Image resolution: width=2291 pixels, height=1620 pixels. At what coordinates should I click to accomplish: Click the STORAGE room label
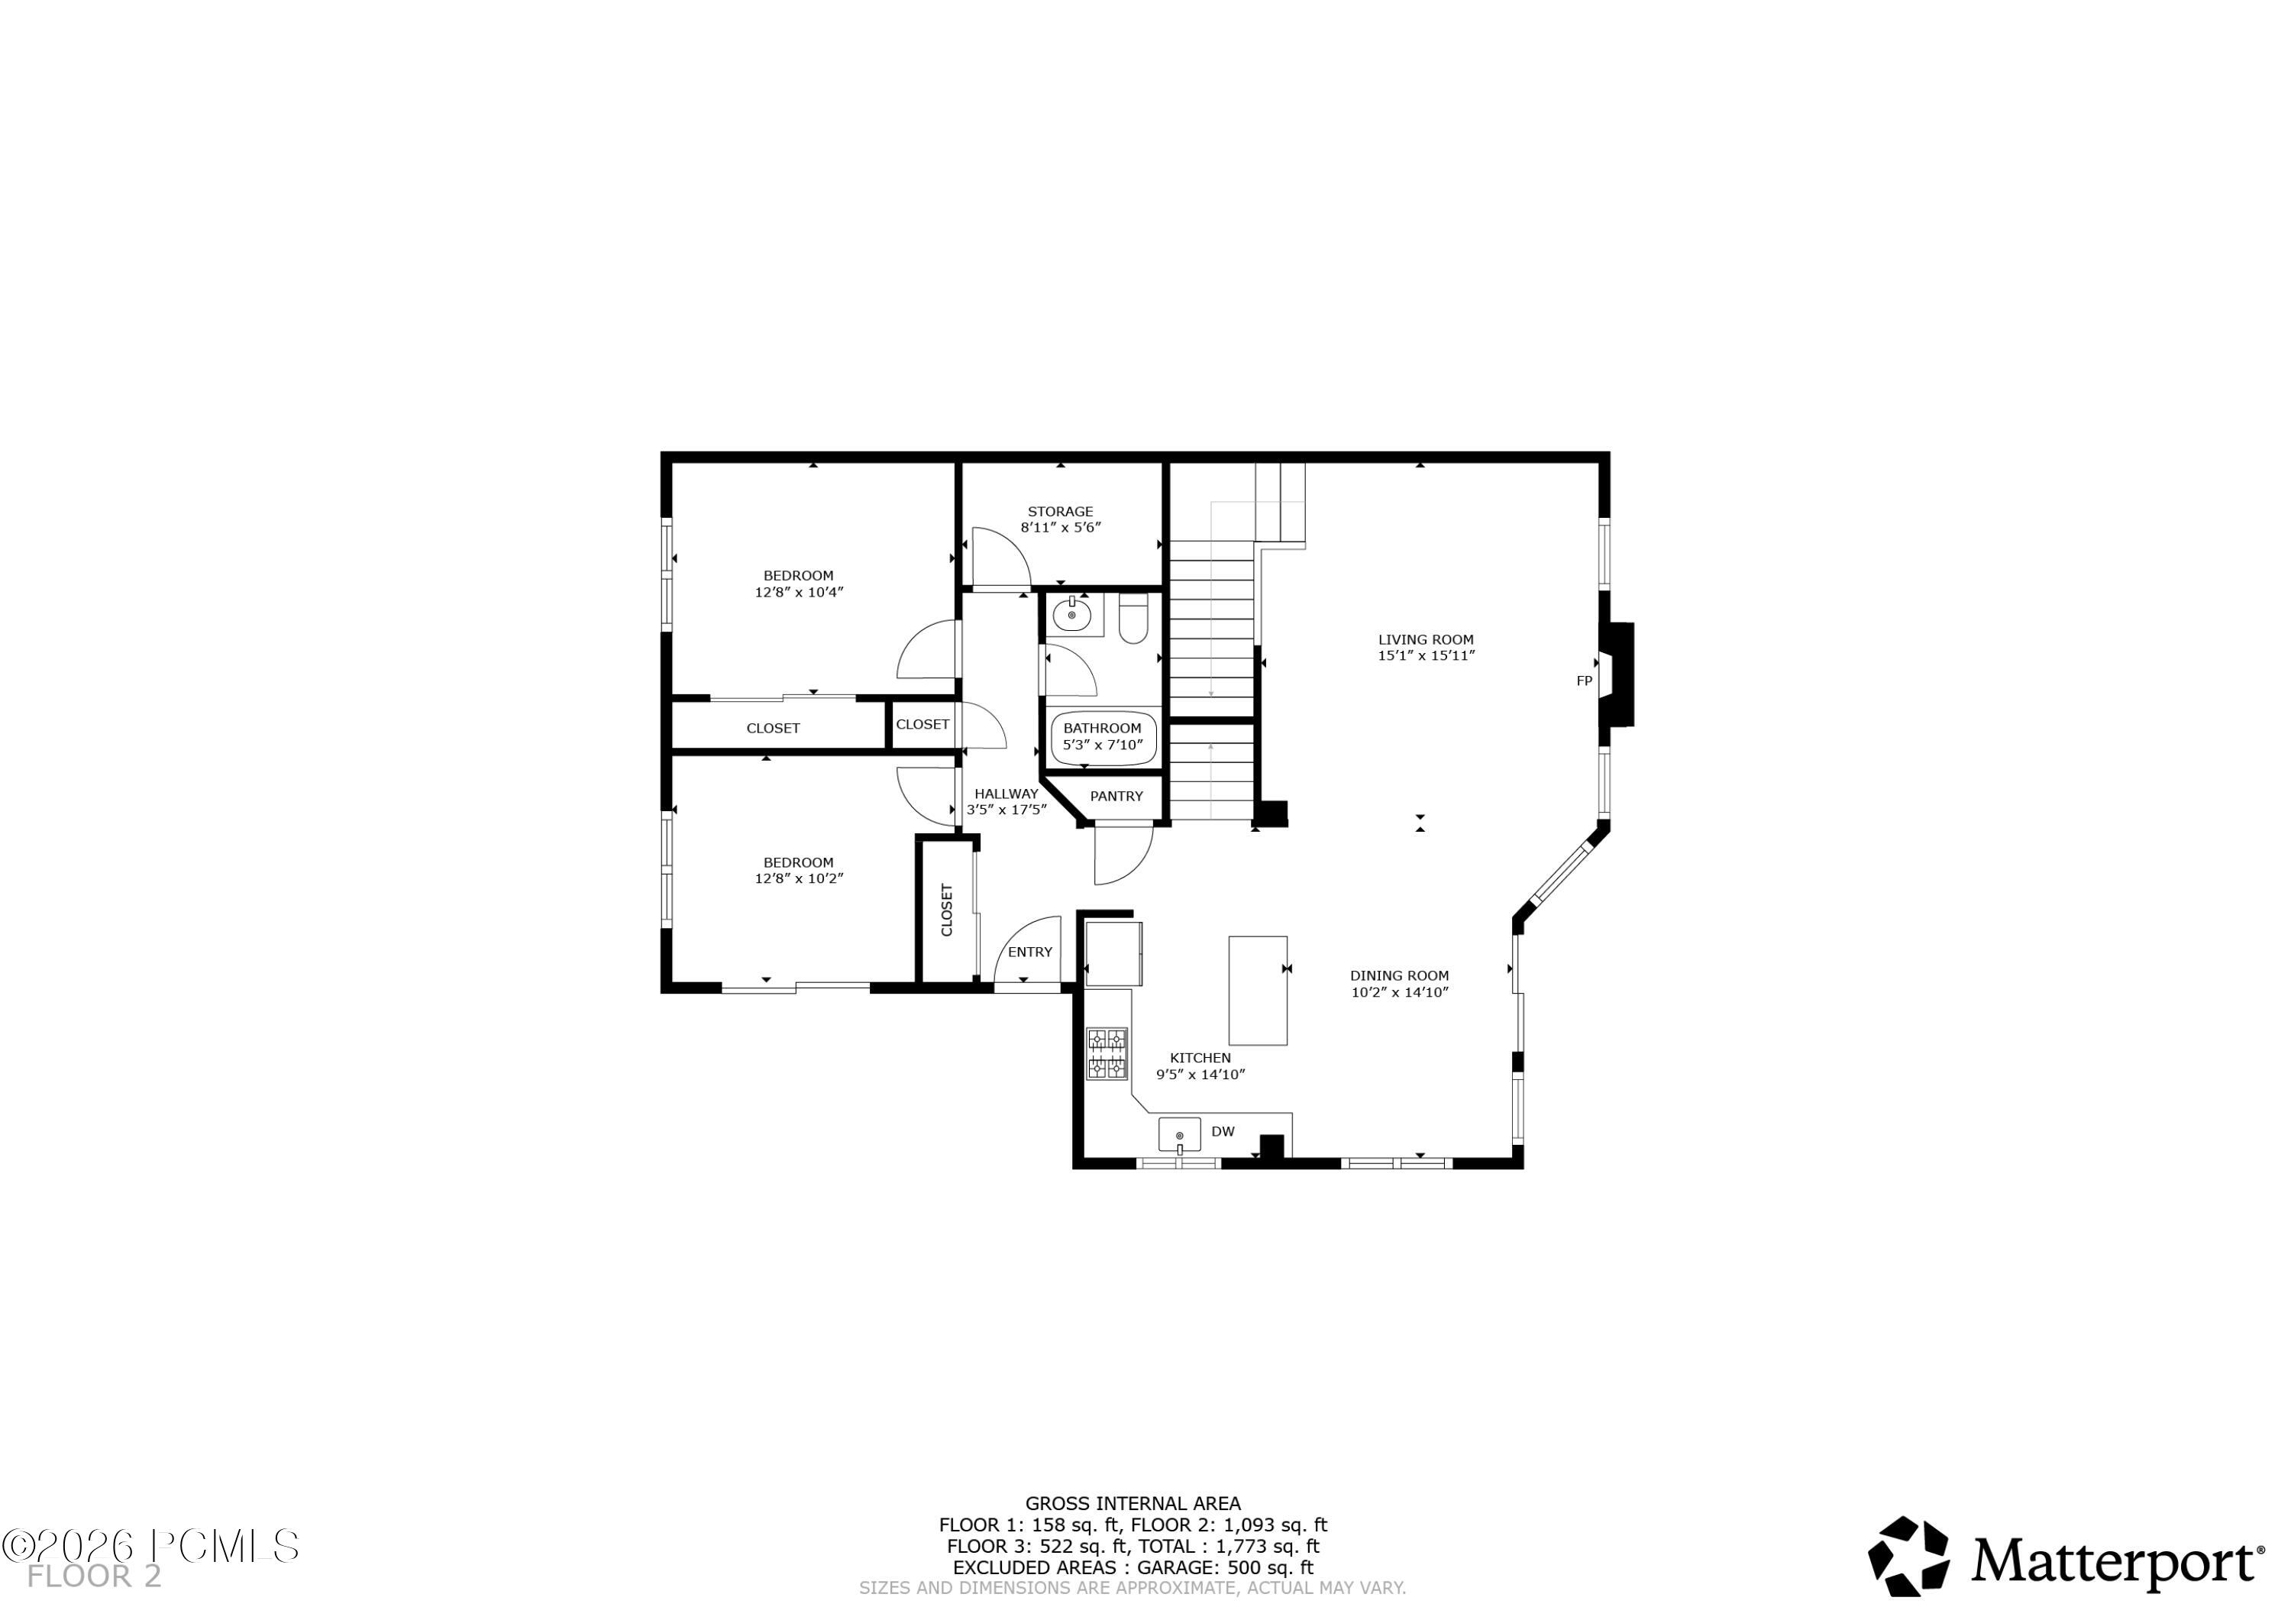1060,511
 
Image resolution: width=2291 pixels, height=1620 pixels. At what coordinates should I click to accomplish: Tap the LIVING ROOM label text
1426,640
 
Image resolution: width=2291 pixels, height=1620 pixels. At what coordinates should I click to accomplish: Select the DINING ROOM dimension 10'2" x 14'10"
1399,992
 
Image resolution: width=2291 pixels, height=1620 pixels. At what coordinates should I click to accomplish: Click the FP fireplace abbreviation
1584,681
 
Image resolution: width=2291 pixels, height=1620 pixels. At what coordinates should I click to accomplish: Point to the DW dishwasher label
1223,1131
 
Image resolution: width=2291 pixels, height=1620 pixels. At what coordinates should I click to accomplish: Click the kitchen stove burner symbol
1107,1054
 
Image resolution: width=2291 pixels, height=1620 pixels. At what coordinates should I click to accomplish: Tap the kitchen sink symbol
1179,1135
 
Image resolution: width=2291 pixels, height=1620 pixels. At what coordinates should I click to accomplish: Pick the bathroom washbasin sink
1071,614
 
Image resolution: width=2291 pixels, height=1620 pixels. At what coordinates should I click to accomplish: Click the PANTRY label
1116,797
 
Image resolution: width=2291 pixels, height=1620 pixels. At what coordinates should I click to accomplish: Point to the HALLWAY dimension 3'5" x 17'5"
1006,810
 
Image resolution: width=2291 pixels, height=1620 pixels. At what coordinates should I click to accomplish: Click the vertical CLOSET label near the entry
947,910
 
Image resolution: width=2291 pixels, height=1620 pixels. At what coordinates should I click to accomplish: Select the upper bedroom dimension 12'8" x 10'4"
798,592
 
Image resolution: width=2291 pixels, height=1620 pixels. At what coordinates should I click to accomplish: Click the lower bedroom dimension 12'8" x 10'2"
798,878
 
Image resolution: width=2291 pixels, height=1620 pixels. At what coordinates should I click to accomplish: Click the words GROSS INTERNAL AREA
1133,1503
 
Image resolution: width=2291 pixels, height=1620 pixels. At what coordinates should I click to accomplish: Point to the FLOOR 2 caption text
94,1577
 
